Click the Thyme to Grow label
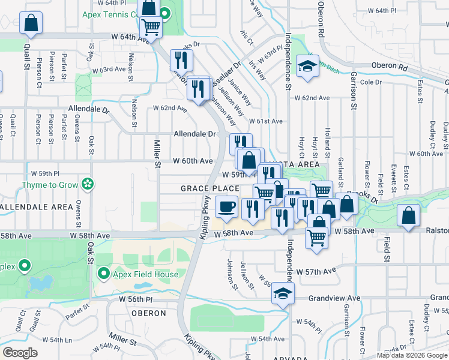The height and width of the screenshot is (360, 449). click(51, 185)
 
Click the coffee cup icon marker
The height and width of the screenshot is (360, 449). click(226, 207)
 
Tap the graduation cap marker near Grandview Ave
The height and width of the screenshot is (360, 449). click(281, 293)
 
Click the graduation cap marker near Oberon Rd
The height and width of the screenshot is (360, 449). click(308, 67)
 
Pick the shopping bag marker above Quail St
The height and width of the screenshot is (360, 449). click(31, 24)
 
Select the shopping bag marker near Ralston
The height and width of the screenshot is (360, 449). click(408, 217)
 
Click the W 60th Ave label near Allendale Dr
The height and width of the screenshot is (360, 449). click(193, 161)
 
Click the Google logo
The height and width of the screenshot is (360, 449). click(20, 353)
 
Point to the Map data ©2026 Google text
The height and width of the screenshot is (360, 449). click(412, 355)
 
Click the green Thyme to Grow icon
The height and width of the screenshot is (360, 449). click(88, 184)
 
